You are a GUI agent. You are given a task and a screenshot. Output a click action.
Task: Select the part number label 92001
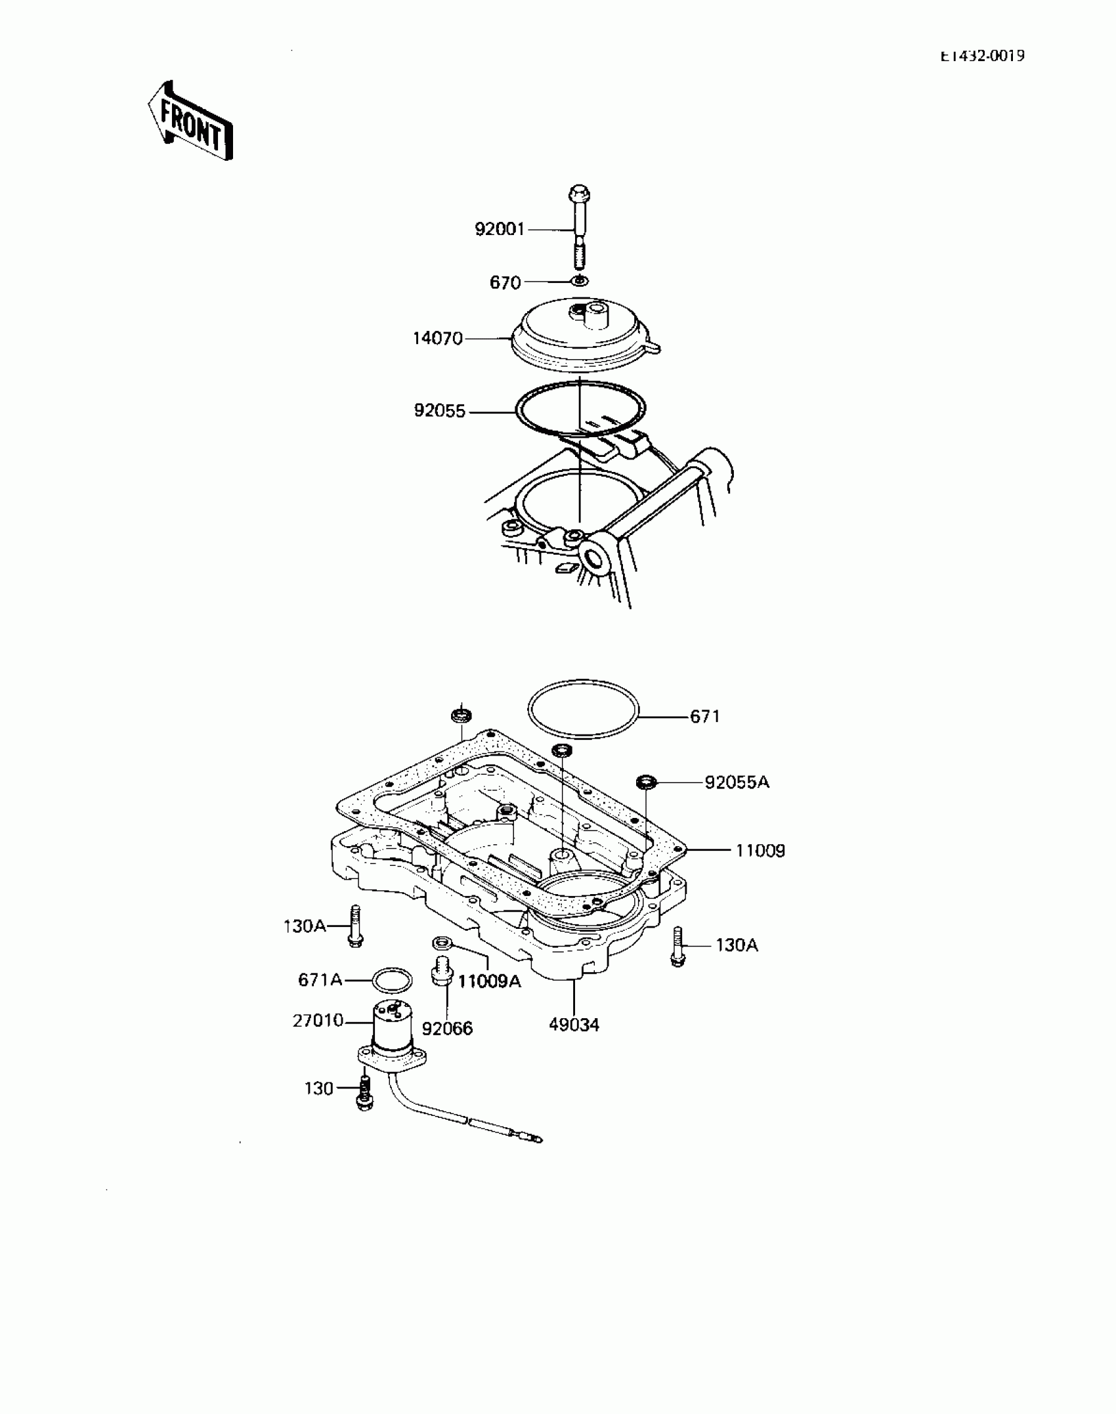pos(500,230)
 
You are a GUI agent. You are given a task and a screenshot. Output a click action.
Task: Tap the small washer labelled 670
pos(579,281)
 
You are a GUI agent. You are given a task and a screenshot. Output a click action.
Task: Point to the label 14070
pos(437,339)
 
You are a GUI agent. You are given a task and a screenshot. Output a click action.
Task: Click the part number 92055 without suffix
pos(439,412)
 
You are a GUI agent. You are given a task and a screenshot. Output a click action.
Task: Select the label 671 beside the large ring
pos(705,717)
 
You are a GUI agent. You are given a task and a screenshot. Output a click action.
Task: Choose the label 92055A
pos(737,782)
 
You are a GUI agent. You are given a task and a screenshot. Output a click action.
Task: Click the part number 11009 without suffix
pos(760,851)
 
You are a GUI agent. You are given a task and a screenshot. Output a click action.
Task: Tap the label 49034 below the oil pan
pos(574,1025)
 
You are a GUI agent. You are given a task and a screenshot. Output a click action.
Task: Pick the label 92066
pos(447,1029)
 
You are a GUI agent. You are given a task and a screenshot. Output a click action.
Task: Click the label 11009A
pos(489,981)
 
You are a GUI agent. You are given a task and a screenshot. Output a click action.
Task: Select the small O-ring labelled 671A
pos(392,981)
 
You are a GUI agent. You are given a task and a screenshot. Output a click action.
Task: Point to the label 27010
pos(318,1020)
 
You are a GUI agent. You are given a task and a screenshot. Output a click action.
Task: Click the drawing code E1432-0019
pos(981,56)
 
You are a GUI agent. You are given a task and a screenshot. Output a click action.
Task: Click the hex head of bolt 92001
pos(578,194)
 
